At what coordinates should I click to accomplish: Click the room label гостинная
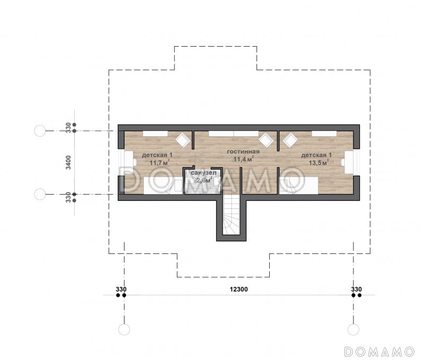coord(243,152)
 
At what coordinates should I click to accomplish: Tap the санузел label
coord(204,173)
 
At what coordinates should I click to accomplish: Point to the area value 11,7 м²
coord(160,163)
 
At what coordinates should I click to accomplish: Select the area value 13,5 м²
coord(319,163)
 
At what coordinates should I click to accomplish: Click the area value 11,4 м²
coord(243,159)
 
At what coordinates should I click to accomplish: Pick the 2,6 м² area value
coord(204,180)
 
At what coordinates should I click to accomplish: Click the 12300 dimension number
coord(239,289)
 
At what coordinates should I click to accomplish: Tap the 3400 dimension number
coord(69,162)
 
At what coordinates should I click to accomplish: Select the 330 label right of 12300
coord(356,289)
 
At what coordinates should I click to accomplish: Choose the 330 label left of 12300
coord(121,289)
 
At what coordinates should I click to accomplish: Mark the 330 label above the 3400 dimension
coord(69,128)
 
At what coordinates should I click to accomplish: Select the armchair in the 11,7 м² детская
coord(183,140)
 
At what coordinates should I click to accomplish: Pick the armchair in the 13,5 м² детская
coord(290,140)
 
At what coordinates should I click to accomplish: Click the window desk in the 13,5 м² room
coord(349,162)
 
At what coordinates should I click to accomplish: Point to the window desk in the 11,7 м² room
coord(129,162)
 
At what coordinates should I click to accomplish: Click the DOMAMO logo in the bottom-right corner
coord(379,352)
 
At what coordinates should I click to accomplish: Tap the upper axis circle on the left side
coord(40,131)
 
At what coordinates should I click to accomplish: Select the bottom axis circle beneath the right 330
coord(353,329)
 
